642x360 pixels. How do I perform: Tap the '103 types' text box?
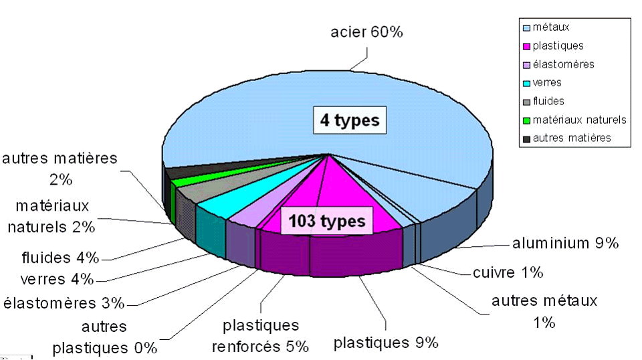click(x=327, y=221)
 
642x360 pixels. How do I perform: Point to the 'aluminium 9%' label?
click(x=565, y=244)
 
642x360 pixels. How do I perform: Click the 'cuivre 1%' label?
click(x=508, y=272)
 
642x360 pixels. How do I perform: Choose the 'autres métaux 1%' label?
click(x=544, y=311)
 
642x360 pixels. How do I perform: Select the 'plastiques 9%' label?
click(x=386, y=343)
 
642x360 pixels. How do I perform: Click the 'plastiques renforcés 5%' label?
click(x=260, y=336)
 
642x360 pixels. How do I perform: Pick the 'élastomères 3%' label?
click(x=64, y=303)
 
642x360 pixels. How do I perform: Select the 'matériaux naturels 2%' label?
click(x=51, y=216)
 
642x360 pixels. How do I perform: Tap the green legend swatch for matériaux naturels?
click(x=526, y=120)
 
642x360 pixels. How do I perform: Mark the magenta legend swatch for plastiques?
click(x=526, y=47)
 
